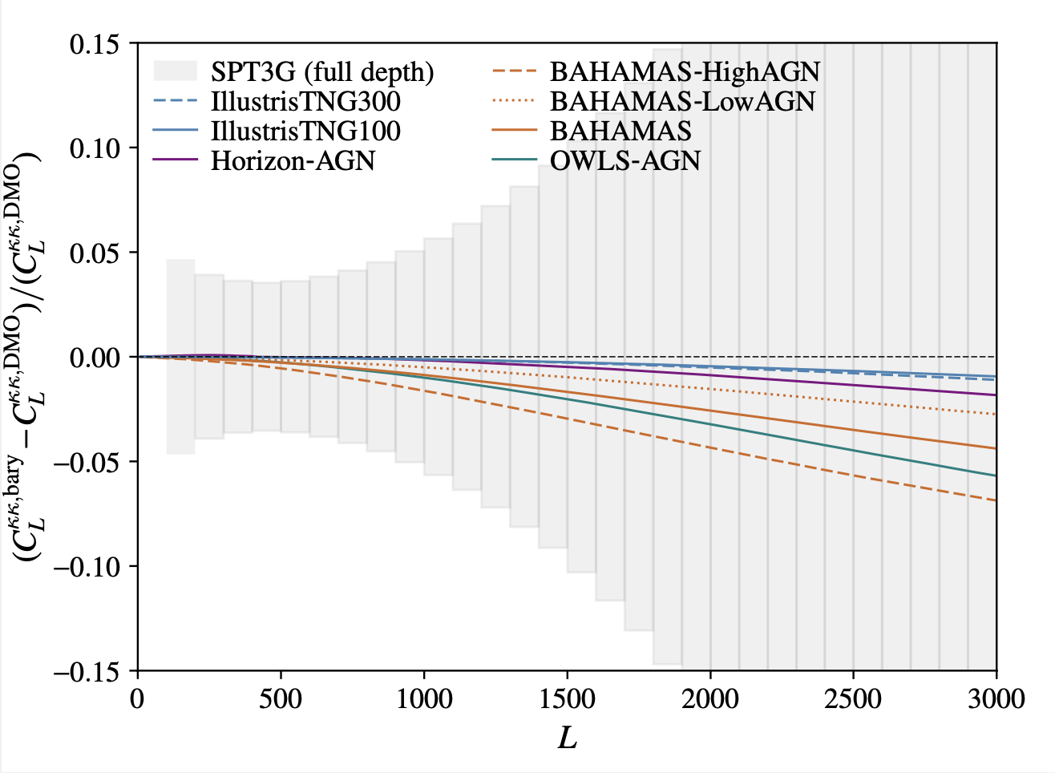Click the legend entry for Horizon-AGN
(x=293, y=160)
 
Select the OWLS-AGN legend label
(x=625, y=160)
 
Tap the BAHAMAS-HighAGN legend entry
(x=685, y=72)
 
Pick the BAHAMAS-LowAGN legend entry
(x=682, y=102)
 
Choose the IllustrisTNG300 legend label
(x=305, y=102)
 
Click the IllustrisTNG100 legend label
(x=305, y=131)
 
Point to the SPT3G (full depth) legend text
(x=322, y=72)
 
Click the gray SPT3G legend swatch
(x=175, y=71)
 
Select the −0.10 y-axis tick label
(x=88, y=566)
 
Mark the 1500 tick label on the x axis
(x=567, y=698)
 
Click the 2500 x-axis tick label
(x=853, y=698)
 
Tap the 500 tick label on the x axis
(x=281, y=698)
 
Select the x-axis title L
(x=567, y=739)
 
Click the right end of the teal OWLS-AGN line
(x=995, y=476)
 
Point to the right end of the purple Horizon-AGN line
(x=995, y=395)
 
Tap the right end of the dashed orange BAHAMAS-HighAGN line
(x=995, y=500)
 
